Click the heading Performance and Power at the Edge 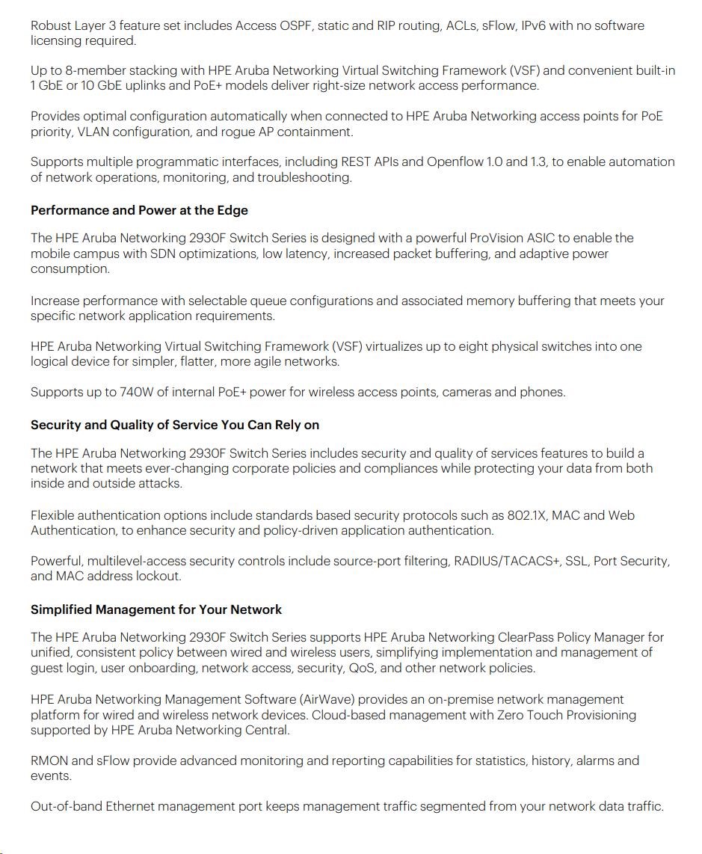point(139,210)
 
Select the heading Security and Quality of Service point(175,425)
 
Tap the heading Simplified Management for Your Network point(156,609)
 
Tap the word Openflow point(455,162)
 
